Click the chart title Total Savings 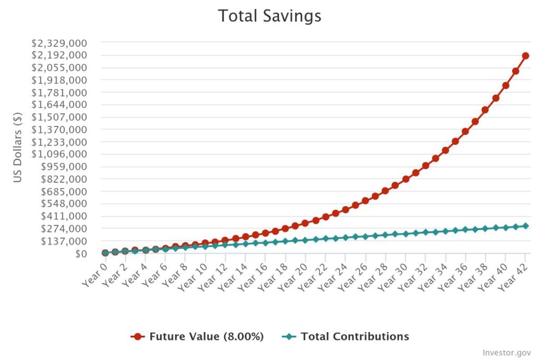[x=269, y=16]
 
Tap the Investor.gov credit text [x=507, y=353]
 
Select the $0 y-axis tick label [x=79, y=254]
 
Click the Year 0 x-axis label [x=94, y=275]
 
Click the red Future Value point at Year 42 [x=525, y=55]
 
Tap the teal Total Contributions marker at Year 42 [x=525, y=226]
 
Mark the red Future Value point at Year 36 [x=465, y=131]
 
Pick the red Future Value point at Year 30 [x=406, y=179]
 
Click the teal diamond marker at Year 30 [x=406, y=233]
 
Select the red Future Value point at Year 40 [x=505, y=85]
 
